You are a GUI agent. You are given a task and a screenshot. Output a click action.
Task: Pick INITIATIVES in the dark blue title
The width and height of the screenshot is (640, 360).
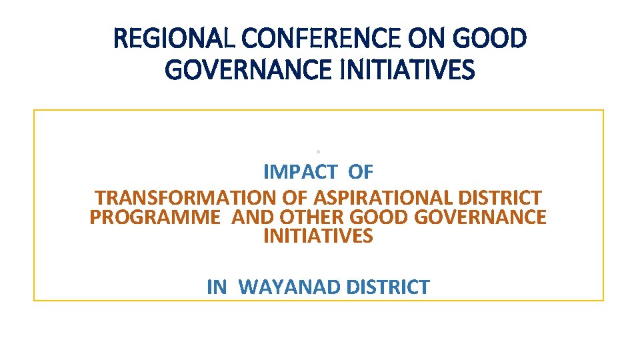tap(408, 69)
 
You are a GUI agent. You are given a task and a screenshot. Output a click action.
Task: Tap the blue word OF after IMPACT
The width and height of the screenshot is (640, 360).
tap(361, 172)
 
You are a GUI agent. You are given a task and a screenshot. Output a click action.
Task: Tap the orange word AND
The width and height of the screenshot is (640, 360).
tap(253, 217)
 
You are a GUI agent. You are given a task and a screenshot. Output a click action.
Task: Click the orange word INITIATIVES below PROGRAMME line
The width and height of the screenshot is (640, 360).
tap(319, 236)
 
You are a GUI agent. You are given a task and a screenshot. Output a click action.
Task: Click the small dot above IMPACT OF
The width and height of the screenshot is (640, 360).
tap(319, 151)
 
